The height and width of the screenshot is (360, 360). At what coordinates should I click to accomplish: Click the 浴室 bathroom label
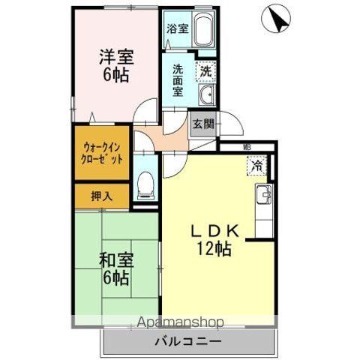click(x=178, y=31)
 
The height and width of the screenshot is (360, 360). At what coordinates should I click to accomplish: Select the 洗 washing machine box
click(x=204, y=71)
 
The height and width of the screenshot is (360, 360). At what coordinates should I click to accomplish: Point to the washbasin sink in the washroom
click(x=205, y=94)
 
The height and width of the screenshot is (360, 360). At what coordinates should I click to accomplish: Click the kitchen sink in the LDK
click(x=263, y=198)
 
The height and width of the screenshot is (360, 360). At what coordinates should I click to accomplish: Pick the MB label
click(x=247, y=148)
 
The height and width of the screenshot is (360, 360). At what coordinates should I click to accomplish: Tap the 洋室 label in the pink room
click(x=116, y=55)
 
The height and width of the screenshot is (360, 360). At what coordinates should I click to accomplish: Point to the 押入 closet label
click(x=102, y=197)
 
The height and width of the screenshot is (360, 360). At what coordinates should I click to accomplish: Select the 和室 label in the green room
click(x=116, y=261)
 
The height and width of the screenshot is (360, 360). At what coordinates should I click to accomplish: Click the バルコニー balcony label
click(x=188, y=341)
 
